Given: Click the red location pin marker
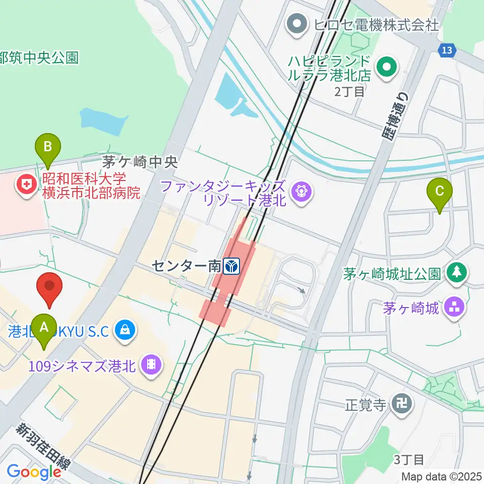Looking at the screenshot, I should coord(50,287).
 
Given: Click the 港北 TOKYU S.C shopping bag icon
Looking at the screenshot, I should coord(124,331).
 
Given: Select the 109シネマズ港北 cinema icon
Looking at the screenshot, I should coord(151,364).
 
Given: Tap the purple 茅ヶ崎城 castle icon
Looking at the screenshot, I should coord(455,307).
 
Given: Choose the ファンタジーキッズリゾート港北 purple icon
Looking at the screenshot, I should coord(301,192).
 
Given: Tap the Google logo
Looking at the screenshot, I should coord(34,472).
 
